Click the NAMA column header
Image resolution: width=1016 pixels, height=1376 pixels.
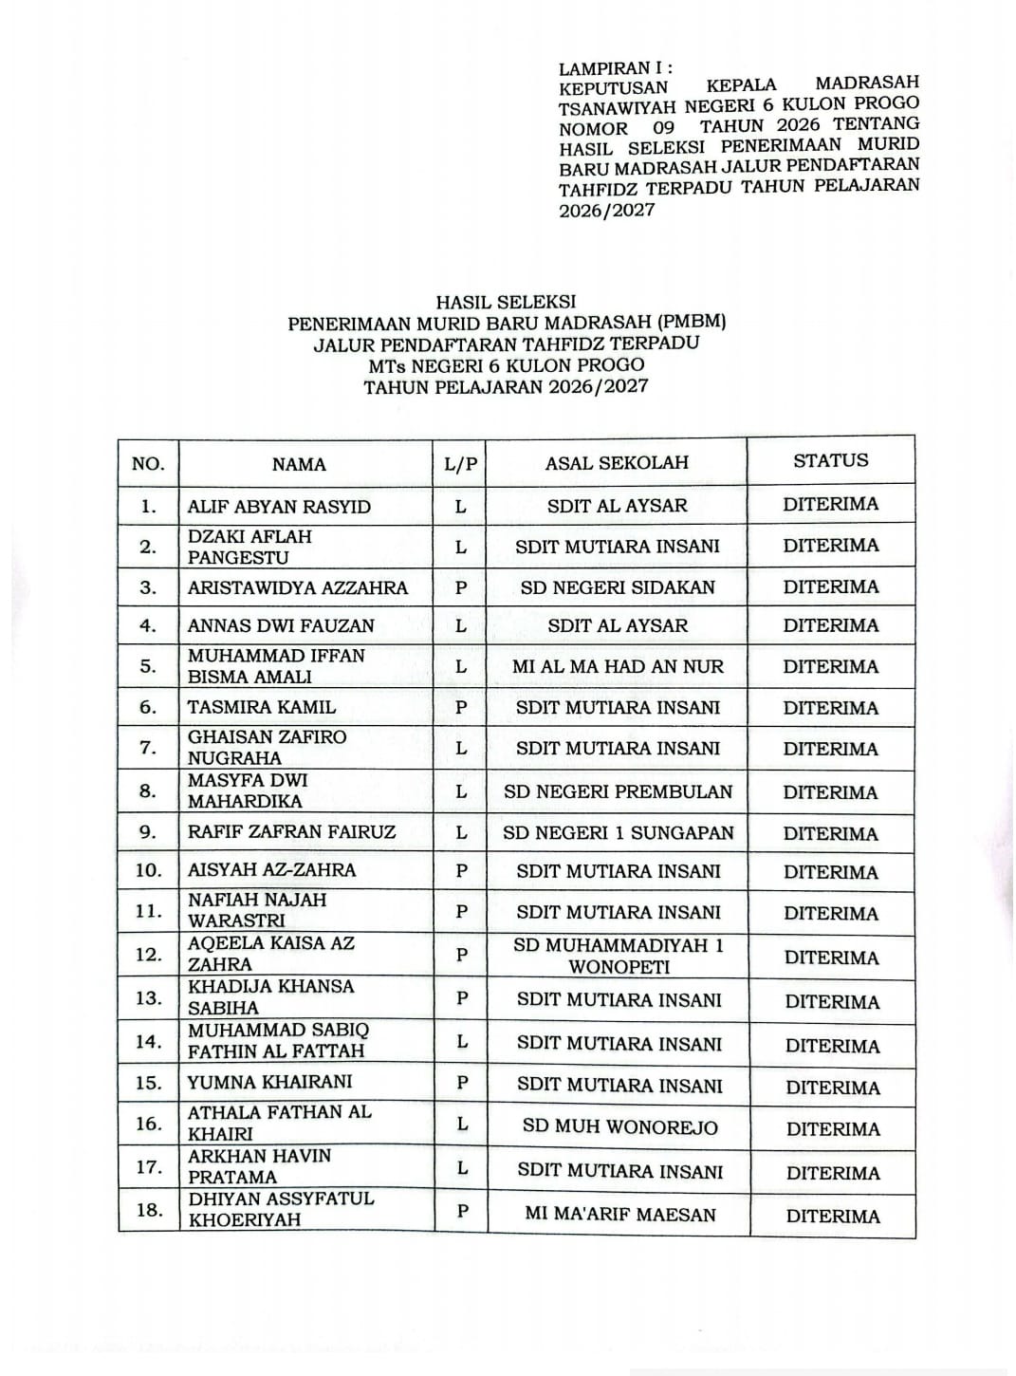pyautogui.click(x=299, y=464)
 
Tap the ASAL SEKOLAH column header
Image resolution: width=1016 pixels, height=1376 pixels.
pyautogui.click(x=617, y=463)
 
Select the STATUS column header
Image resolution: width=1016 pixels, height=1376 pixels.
pyautogui.click(x=831, y=461)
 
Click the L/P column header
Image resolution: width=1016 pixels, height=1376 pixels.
pyautogui.click(x=461, y=464)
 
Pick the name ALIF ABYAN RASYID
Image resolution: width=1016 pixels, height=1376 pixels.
pyautogui.click(x=279, y=507)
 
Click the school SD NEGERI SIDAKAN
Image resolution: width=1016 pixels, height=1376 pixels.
pyautogui.click(x=618, y=587)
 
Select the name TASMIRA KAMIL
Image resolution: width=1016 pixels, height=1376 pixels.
pyautogui.click(x=262, y=707)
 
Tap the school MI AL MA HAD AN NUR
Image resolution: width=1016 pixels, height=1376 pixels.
pyautogui.click(x=618, y=667)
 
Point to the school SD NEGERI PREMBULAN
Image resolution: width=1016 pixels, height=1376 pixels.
pyautogui.click(x=619, y=791)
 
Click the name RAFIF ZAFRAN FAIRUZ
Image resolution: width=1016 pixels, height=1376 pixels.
pyautogui.click(x=292, y=832)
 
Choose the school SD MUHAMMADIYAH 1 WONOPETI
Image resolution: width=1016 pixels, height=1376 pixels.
pyautogui.click(x=619, y=956)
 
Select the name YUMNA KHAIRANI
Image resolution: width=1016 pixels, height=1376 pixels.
pyautogui.click(x=270, y=1082)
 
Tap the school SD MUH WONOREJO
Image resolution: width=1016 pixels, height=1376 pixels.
pyautogui.click(x=620, y=1127)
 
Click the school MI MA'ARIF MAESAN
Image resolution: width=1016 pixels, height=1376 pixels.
pyautogui.click(x=620, y=1214)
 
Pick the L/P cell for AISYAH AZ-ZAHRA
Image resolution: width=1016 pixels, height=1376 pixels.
pyautogui.click(x=462, y=871)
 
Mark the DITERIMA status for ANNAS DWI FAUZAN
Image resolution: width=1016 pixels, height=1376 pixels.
pyautogui.click(x=831, y=625)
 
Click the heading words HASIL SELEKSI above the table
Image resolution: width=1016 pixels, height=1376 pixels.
pyautogui.click(x=506, y=302)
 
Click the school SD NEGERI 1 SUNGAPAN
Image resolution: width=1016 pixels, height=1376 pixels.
pyautogui.click(x=619, y=833)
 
